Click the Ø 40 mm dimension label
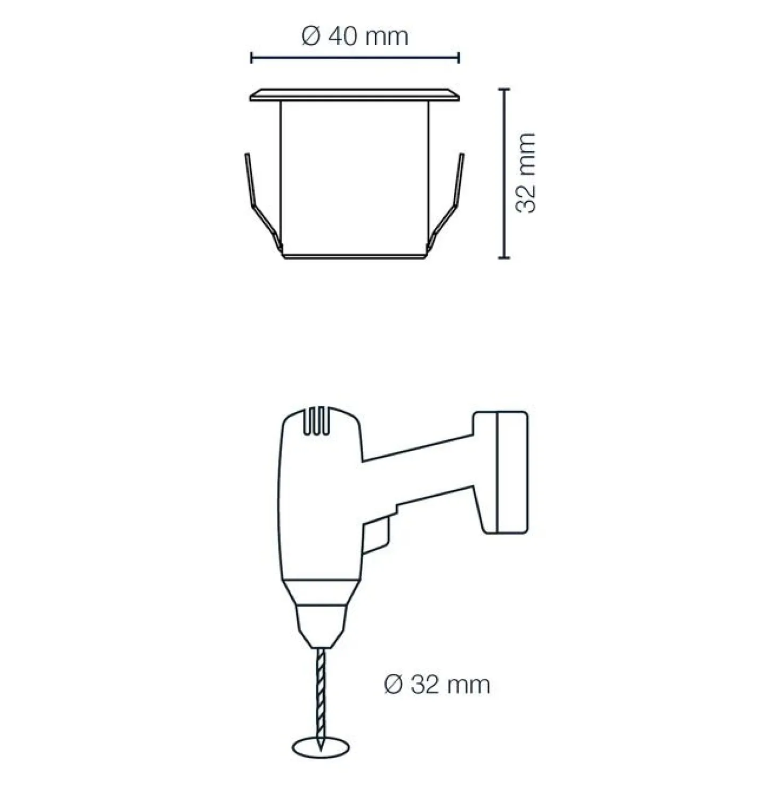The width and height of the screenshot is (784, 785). pyautogui.click(x=355, y=37)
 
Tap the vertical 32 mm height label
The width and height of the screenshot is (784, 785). pyautogui.click(x=525, y=173)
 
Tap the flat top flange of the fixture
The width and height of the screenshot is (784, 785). pyautogui.click(x=355, y=94)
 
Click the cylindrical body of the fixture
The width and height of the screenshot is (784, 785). pyautogui.click(x=355, y=179)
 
